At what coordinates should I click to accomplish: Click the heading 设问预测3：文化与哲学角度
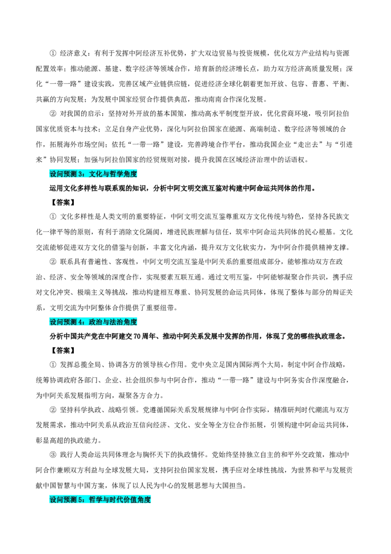93,174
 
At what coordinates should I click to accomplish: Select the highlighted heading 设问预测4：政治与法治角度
93,322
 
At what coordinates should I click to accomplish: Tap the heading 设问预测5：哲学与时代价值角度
100,500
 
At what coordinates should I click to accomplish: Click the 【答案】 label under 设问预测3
62,203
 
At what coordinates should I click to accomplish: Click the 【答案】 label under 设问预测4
62,350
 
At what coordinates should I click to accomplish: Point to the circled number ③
53,455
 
